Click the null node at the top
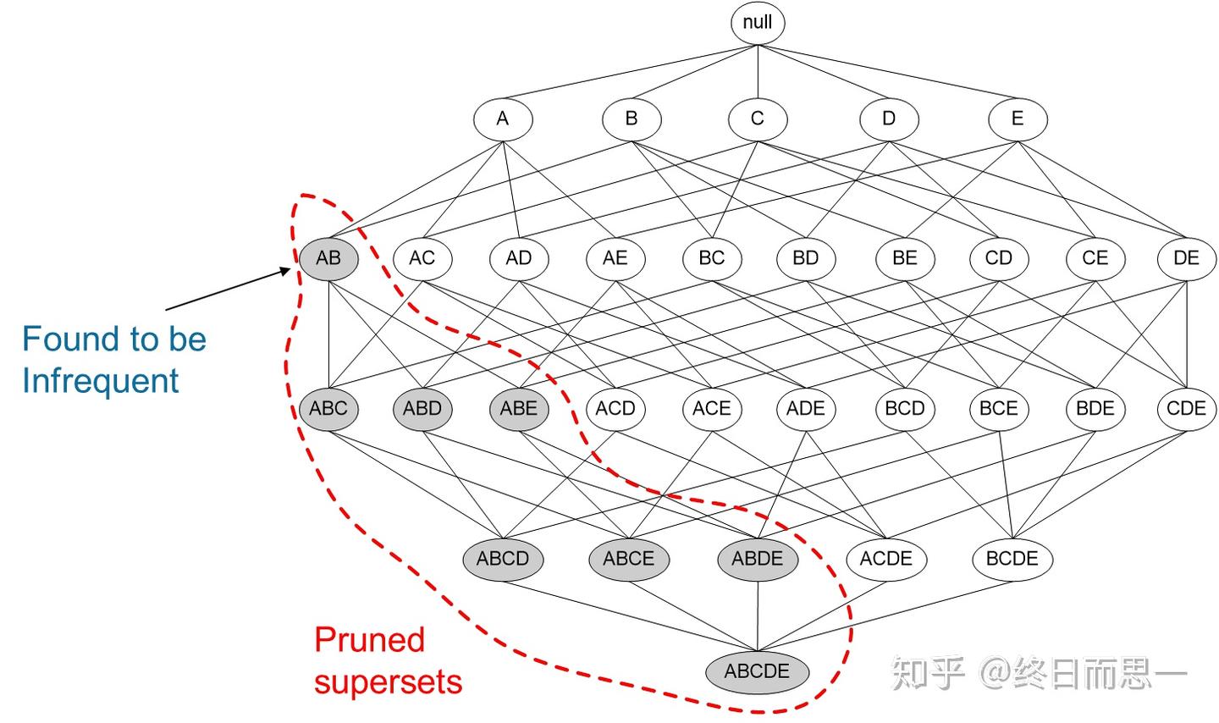(x=758, y=23)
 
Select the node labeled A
(x=503, y=119)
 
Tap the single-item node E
(x=1018, y=119)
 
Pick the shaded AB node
(x=328, y=257)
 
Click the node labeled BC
(x=711, y=257)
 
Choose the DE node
(x=1186, y=257)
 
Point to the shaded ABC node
(x=328, y=408)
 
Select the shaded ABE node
(x=518, y=408)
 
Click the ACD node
(x=615, y=408)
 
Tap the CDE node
(x=1186, y=408)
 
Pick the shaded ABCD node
(x=503, y=559)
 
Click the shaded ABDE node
(x=758, y=559)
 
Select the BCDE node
(x=1012, y=559)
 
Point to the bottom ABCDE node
(x=758, y=671)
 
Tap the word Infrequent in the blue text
(x=100, y=380)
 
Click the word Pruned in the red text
(x=369, y=639)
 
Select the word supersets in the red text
(x=388, y=682)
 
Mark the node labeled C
(x=758, y=119)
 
